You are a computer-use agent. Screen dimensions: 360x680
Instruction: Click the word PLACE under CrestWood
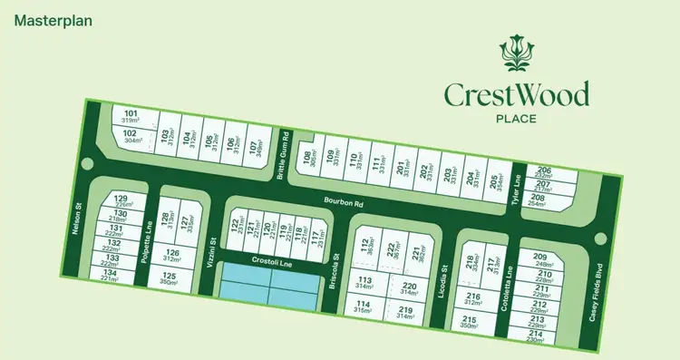click(516, 117)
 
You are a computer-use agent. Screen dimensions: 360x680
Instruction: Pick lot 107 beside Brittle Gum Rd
click(257, 146)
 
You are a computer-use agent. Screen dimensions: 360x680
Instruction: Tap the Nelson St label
click(80, 220)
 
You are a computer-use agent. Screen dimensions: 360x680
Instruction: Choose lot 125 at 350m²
click(170, 279)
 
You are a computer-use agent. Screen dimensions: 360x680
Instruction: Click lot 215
click(470, 323)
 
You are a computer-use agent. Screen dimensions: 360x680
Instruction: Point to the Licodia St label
click(444, 275)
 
